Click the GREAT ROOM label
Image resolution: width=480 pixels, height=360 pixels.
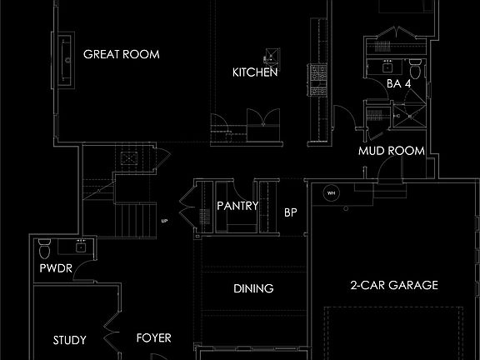[x=122, y=54]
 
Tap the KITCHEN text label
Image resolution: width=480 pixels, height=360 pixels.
[x=255, y=72]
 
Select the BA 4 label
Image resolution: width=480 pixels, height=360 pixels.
[x=398, y=83]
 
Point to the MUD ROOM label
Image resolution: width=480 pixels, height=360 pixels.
[x=392, y=151]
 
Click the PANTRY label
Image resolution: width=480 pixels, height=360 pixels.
[x=237, y=206]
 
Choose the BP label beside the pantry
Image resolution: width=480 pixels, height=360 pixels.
[x=291, y=212]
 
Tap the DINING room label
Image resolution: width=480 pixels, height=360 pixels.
[x=253, y=288]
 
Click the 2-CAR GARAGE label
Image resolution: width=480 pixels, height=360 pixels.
[x=394, y=285]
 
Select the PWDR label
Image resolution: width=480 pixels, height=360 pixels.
[x=56, y=268]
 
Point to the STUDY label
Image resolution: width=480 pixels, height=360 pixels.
[x=70, y=340]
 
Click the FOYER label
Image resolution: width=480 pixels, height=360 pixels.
[x=153, y=338]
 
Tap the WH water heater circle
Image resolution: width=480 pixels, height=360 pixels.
[x=331, y=193]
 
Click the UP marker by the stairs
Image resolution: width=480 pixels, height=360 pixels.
[x=164, y=221]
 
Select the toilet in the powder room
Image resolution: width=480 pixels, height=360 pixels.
[x=45, y=248]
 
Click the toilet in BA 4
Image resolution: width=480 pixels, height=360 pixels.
[x=415, y=69]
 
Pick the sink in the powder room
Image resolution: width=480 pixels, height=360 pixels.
[x=81, y=247]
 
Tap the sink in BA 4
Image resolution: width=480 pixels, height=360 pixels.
[x=387, y=67]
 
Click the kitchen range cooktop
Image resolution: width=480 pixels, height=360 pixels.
[x=318, y=80]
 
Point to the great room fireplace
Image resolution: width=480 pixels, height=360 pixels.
[x=66, y=60]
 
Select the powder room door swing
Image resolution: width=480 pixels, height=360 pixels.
[x=82, y=269]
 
